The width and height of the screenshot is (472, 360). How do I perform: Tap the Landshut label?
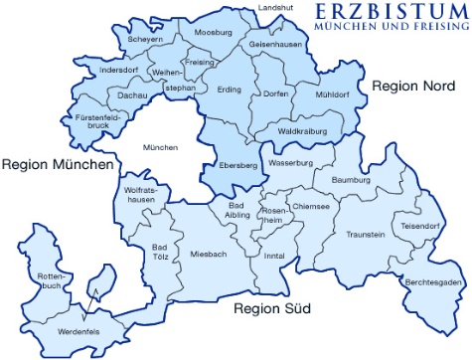[x=276, y=8]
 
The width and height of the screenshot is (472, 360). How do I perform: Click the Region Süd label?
[x=272, y=309]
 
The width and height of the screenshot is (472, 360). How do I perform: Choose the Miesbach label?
[x=209, y=253]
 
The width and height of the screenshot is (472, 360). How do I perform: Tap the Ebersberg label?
[x=237, y=165]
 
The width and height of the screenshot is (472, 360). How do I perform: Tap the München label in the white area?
[x=160, y=147]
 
